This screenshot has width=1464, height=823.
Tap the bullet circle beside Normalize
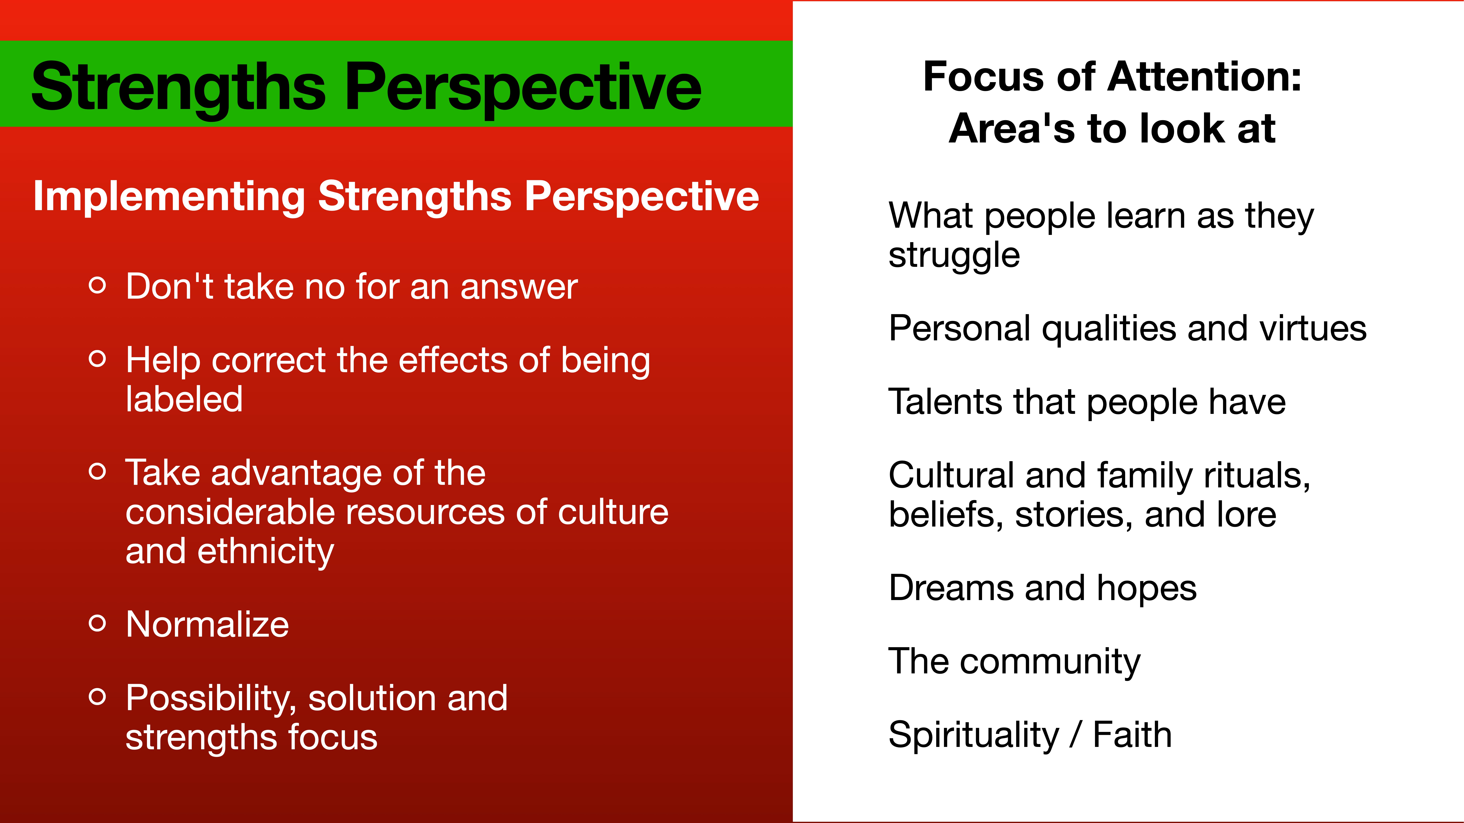tap(98, 623)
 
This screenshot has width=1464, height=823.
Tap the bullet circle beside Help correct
tap(98, 358)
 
